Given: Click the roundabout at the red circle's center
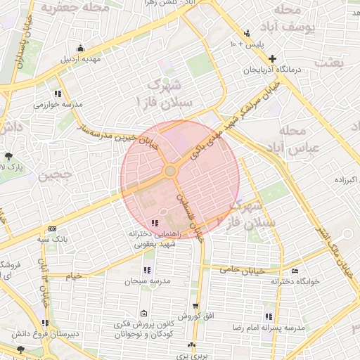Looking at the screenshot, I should (x=170, y=172).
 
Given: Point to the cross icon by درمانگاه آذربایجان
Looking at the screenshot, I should (x=272, y=59).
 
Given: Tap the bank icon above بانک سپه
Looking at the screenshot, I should (x=52, y=229).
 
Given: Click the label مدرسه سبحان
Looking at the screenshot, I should (x=143, y=281).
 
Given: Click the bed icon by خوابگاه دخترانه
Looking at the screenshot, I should (x=295, y=271).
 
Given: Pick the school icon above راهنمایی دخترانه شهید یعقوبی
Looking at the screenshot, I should (x=155, y=223).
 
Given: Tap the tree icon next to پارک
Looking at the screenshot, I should (x=8, y=156).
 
